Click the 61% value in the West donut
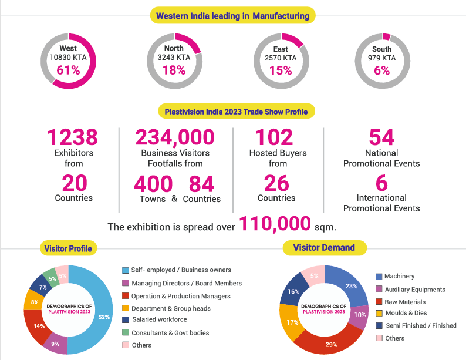point(68,70)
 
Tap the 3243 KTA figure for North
point(174,58)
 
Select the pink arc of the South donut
point(386,36)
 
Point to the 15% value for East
point(281,70)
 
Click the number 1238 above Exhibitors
point(73,137)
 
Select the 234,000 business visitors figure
point(175,137)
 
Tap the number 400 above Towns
point(153,183)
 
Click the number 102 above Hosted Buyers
point(274,137)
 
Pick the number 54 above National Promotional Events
point(381,137)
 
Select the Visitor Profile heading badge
point(68,248)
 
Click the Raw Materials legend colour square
point(379,302)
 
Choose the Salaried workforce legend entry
point(155,319)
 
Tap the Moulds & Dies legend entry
point(401,313)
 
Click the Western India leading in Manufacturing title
point(232,15)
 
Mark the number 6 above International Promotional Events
point(381,183)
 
